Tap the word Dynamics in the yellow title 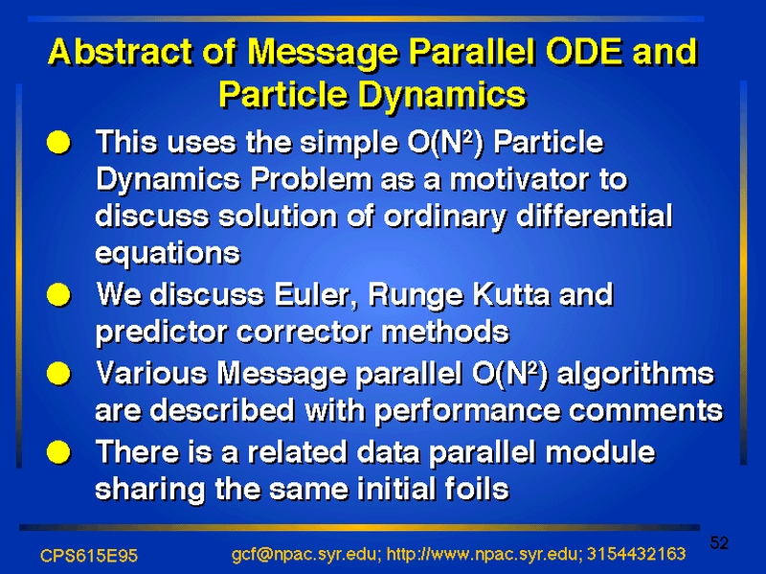[442, 95]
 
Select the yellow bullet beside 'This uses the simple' [58, 142]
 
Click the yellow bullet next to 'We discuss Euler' [58, 295]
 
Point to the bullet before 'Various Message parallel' [58, 374]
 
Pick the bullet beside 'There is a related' [58, 452]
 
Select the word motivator [519, 179]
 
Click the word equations [168, 254]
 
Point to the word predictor [162, 333]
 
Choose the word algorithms [636, 375]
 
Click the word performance [467, 412]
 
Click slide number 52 [719, 543]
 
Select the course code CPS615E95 [89, 556]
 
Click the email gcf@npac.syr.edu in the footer [304, 555]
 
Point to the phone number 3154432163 [636, 554]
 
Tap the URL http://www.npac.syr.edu [483, 555]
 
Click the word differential [594, 217]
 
